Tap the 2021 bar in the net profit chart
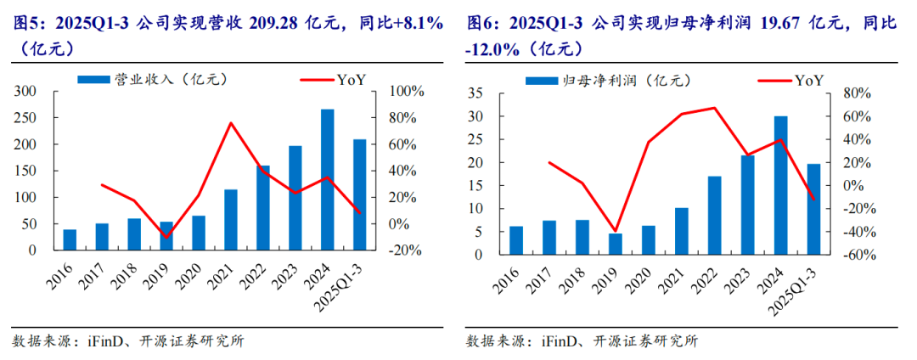tap(681, 231)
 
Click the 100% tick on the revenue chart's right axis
tap(406, 91)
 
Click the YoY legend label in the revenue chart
tap(352, 80)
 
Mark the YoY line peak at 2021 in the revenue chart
tap(230, 123)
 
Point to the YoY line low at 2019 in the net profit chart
tap(615, 231)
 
